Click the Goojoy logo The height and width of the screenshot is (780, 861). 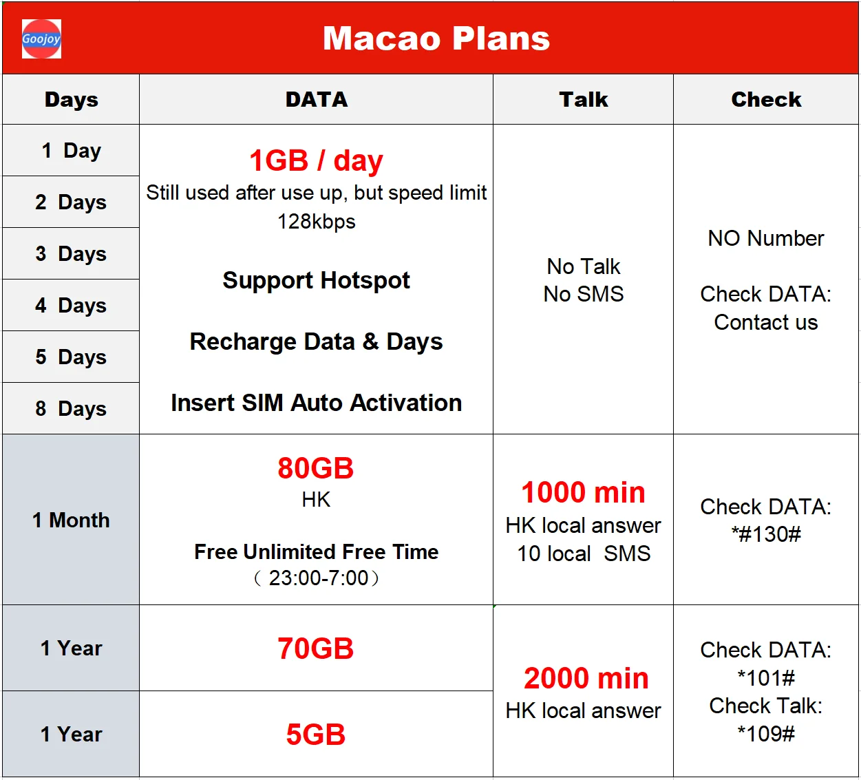pos(41,39)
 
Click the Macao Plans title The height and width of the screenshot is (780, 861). pos(436,39)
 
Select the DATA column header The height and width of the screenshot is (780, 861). pos(317,100)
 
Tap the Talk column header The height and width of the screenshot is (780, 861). pos(584,100)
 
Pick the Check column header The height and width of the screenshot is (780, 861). pos(766,100)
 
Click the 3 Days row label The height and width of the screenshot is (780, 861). pos(71,253)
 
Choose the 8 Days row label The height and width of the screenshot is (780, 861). pos(71,408)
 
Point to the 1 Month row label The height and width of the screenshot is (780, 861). pos(71,520)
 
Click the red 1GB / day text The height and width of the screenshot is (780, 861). pos(317,160)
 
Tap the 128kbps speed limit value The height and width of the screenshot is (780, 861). pos(317,222)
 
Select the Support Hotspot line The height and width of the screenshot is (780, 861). pos(317,280)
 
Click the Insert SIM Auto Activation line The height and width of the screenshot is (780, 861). pos(317,403)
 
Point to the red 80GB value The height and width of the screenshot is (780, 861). pos(315,468)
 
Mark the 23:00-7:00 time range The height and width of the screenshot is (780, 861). pos(318,578)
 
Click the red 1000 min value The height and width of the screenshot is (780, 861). pos(584,492)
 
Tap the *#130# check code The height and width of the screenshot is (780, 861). pos(766,534)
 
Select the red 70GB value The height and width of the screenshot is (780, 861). pos(315,649)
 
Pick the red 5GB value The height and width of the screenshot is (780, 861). pos(315,735)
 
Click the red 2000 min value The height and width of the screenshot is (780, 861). pos(586,679)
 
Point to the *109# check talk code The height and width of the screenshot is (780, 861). pos(766,734)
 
